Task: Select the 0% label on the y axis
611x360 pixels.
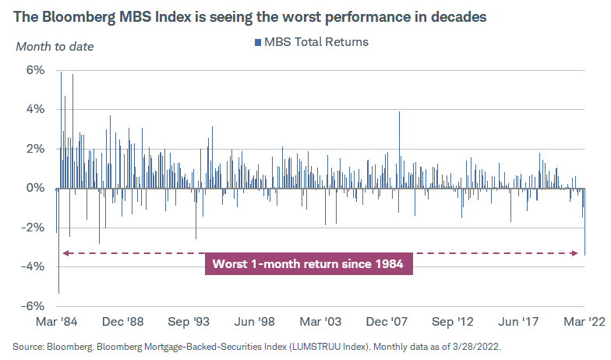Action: [37, 188]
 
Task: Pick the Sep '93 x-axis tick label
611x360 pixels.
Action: [190, 321]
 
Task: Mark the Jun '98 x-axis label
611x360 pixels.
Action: [256, 321]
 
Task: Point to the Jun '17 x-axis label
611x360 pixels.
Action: [520, 321]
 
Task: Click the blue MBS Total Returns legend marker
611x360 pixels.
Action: [256, 42]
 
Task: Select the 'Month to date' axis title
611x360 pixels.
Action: [55, 46]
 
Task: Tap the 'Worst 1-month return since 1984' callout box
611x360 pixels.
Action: [308, 263]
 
